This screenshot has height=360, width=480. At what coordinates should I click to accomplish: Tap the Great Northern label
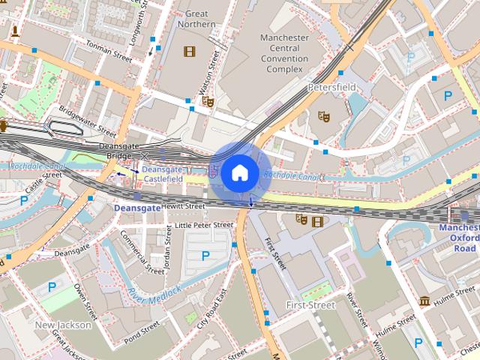click(x=196, y=19)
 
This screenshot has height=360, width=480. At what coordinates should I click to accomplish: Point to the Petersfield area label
click(x=331, y=88)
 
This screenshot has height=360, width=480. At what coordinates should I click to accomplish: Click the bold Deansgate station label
click(x=136, y=207)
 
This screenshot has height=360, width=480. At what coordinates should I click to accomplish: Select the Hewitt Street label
click(x=182, y=205)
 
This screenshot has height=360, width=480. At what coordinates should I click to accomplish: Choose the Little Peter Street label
click(x=204, y=224)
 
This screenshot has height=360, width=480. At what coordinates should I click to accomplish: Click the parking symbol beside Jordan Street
click(x=205, y=256)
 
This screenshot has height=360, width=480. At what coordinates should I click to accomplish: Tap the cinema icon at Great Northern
click(x=187, y=51)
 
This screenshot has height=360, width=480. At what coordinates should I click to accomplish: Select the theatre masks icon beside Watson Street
click(x=208, y=100)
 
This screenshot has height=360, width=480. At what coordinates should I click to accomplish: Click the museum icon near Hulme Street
click(x=424, y=301)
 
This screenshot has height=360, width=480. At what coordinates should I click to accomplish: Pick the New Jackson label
click(x=63, y=325)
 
